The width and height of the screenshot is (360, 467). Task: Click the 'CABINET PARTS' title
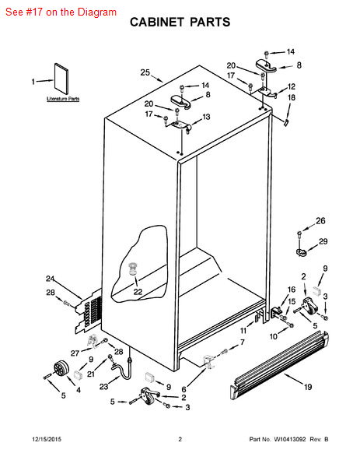pyautogui.click(x=180, y=22)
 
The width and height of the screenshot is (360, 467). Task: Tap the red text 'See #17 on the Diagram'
pyautogui.click(x=61, y=12)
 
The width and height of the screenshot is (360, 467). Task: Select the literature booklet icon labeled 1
pyautogui.click(x=61, y=79)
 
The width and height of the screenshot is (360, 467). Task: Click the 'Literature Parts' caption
pyautogui.click(x=63, y=99)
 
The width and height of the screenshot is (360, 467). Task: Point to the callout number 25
pyautogui.click(x=145, y=72)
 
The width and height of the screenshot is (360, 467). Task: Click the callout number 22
pyautogui.click(x=138, y=292)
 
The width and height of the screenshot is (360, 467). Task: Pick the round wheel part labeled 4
pyautogui.click(x=61, y=368)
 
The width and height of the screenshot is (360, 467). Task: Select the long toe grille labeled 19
pyautogui.click(x=279, y=365)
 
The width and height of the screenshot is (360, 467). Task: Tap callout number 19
pyautogui.click(x=308, y=387)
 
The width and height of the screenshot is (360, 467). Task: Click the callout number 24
pyautogui.click(x=50, y=279)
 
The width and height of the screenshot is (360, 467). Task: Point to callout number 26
pyautogui.click(x=320, y=221)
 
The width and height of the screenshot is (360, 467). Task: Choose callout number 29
pyautogui.click(x=323, y=241)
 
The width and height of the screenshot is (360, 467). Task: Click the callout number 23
pyautogui.click(x=104, y=387)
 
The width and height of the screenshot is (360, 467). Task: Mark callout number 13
pyautogui.click(x=206, y=117)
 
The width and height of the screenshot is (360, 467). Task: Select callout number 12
pyautogui.click(x=292, y=86)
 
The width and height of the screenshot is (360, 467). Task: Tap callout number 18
pyautogui.click(x=292, y=97)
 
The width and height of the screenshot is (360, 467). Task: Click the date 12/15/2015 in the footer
pyautogui.click(x=47, y=439)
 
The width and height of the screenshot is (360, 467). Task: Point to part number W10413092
pyautogui.click(x=289, y=439)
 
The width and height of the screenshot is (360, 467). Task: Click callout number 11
pyautogui.click(x=243, y=331)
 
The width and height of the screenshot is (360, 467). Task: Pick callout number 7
pyautogui.click(x=243, y=342)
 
